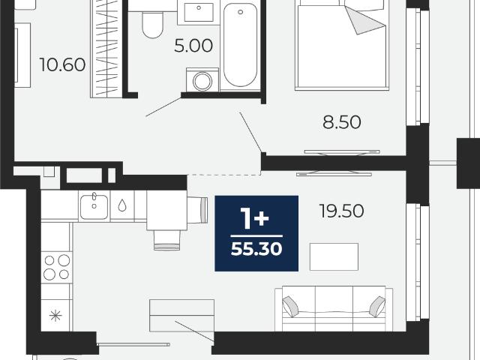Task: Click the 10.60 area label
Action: [x=62, y=65]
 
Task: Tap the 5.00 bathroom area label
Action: [x=193, y=46]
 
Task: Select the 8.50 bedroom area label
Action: [x=342, y=121]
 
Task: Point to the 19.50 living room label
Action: [x=341, y=211]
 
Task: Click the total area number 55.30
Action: [x=256, y=248]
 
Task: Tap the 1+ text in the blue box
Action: [x=255, y=218]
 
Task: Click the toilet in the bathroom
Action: [x=152, y=25]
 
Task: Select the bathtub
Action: [x=240, y=45]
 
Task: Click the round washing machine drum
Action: [x=202, y=81]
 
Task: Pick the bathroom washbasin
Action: [x=199, y=12]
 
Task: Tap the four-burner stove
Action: [x=57, y=267]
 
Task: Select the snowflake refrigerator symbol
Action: [x=55, y=315]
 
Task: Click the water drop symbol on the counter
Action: [x=122, y=205]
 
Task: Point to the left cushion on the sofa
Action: [x=290, y=307]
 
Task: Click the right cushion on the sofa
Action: [x=377, y=307]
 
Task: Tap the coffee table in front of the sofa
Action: [x=334, y=256]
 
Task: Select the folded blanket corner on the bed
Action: [x=364, y=20]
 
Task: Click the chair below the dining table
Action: [x=166, y=240]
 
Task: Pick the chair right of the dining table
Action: [x=197, y=210]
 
